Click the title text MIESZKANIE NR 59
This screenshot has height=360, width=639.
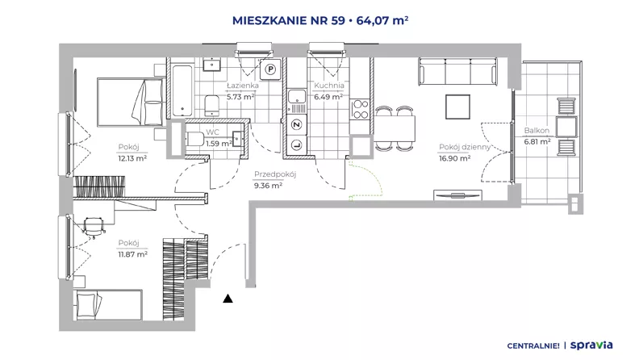click(x=289, y=20)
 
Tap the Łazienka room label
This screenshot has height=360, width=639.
click(x=243, y=86)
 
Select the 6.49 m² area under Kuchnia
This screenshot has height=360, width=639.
click(x=328, y=97)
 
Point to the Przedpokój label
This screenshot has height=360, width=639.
click(x=275, y=174)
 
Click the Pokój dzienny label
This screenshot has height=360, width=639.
click(x=465, y=147)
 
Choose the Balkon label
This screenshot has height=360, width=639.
click(x=537, y=131)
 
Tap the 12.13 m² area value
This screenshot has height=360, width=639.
click(x=132, y=158)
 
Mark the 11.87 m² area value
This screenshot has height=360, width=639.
click(x=132, y=254)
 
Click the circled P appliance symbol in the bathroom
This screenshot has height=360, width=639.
click(x=270, y=69)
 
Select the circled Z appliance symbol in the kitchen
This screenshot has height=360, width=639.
click(x=297, y=125)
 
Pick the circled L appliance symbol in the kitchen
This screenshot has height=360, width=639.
click(x=297, y=144)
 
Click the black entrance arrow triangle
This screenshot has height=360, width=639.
click(x=228, y=299)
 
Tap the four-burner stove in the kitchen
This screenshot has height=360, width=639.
click(x=361, y=109)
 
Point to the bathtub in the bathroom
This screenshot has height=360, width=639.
click(x=182, y=90)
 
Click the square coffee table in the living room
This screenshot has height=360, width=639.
click(x=457, y=107)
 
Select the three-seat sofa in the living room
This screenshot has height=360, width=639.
click(x=457, y=72)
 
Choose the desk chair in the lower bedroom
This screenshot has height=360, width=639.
click(x=94, y=226)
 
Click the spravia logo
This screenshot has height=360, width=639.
click(x=591, y=345)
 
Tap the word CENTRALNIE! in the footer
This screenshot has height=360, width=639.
click(x=533, y=346)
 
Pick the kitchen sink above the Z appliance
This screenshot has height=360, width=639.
click(x=297, y=97)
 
